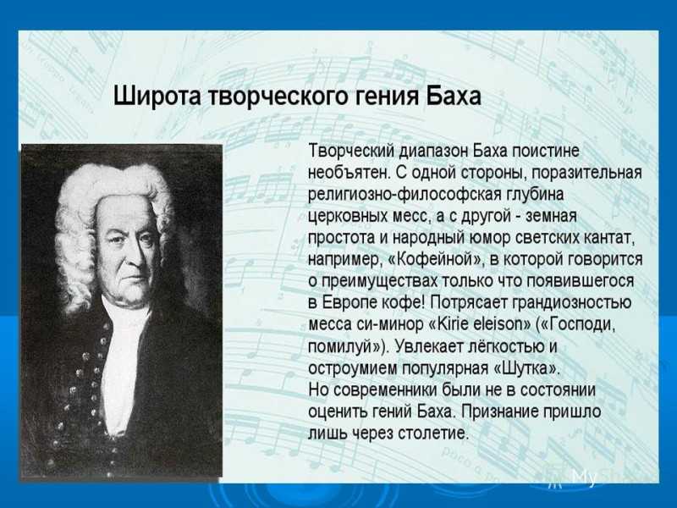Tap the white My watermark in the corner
tap(585, 478)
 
